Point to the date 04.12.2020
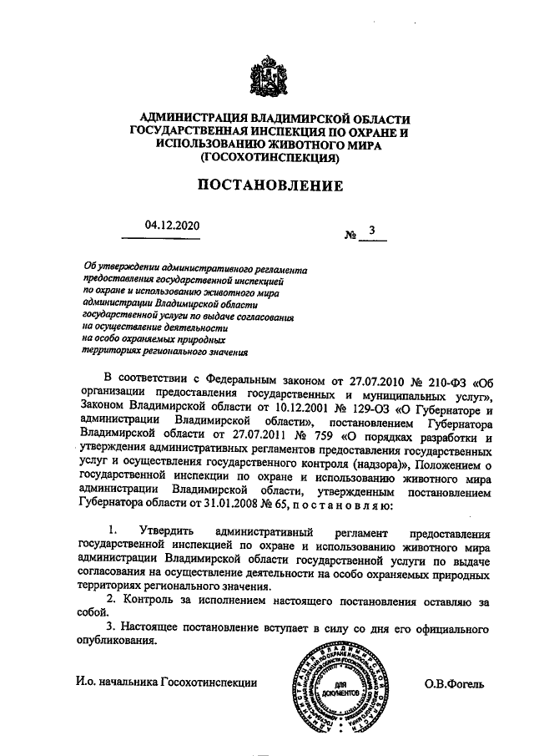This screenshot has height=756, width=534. pos(172,225)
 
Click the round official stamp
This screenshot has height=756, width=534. pos(341,691)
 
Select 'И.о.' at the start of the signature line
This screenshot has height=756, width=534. pos(84,684)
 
